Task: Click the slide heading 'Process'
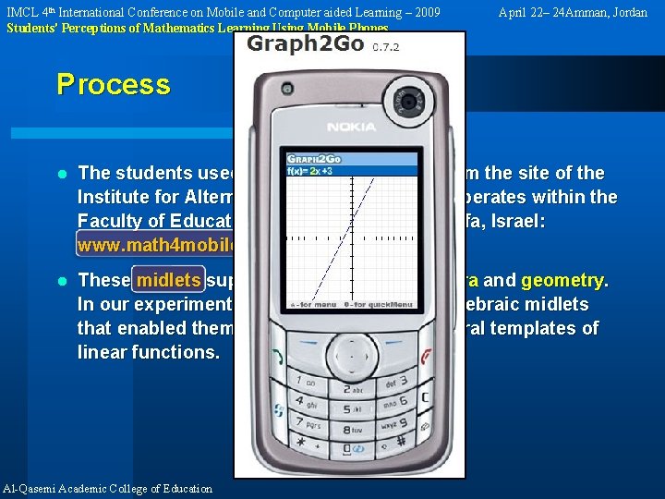114,84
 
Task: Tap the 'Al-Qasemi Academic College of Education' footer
108,489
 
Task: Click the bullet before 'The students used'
62,173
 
